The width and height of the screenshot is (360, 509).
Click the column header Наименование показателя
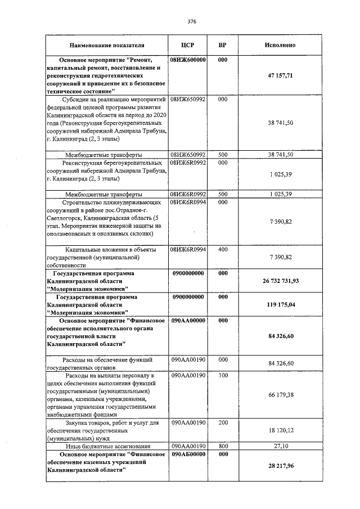(x=107, y=45)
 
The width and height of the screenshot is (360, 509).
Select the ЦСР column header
(x=188, y=45)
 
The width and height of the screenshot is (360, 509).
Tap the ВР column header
(x=222, y=45)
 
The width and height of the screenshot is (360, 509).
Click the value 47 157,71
(x=280, y=75)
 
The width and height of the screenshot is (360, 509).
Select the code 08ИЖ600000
(x=188, y=59)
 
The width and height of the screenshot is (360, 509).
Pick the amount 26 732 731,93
(x=280, y=281)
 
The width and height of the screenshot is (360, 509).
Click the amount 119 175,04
(x=280, y=304)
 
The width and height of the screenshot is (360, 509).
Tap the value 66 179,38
(x=280, y=395)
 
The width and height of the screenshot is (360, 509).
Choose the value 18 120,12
(x=280, y=430)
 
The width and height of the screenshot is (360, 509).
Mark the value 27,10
(x=280, y=445)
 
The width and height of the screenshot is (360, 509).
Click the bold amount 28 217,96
(x=280, y=466)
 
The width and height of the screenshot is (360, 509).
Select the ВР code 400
(x=222, y=249)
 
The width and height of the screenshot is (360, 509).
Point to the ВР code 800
(x=222, y=445)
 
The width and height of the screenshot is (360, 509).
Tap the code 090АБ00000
(x=188, y=453)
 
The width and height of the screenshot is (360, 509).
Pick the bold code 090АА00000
(x=188, y=320)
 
